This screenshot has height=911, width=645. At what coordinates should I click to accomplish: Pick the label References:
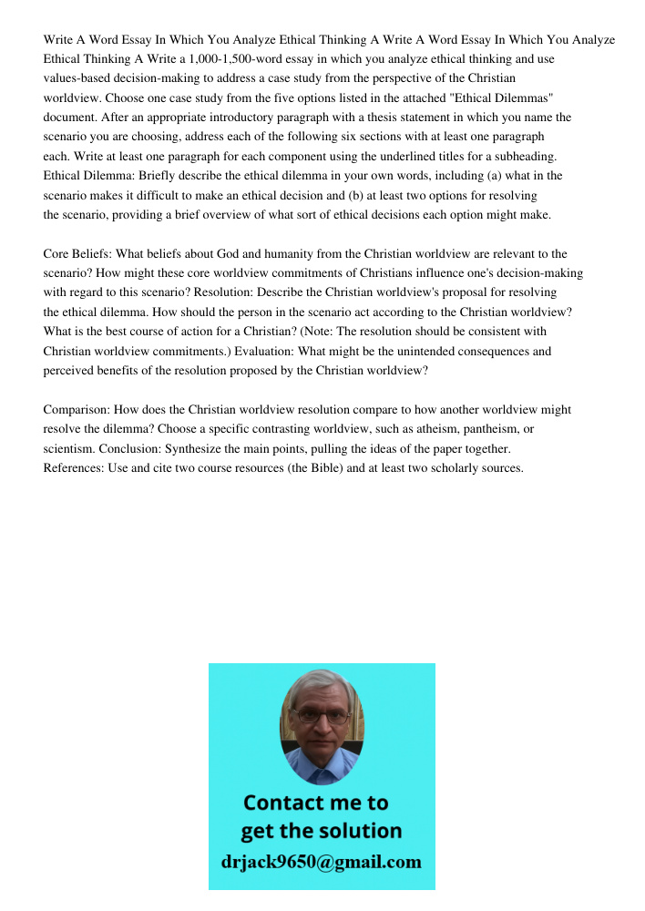tap(76, 468)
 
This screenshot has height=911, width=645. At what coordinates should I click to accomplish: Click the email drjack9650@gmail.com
tap(322, 862)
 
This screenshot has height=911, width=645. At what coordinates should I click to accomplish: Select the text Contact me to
tap(316, 803)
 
